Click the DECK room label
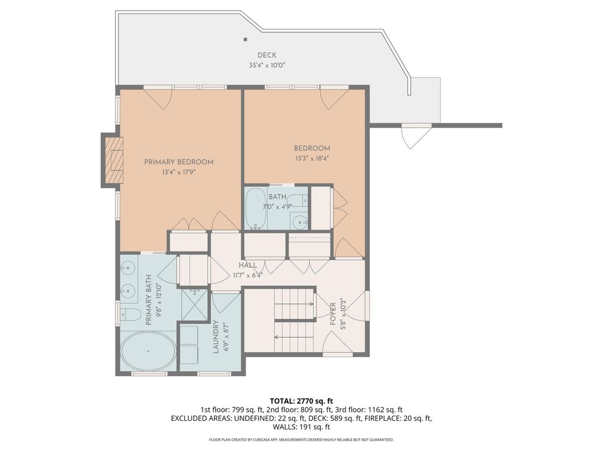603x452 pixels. (x=267, y=55)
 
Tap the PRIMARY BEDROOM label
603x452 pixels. (x=179, y=162)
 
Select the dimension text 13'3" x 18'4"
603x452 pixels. (x=312, y=158)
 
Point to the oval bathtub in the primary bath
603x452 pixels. (x=148, y=351)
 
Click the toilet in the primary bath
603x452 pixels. (x=128, y=314)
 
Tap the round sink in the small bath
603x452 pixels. (x=299, y=222)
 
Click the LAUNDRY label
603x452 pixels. (x=216, y=337)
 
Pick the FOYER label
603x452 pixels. (x=333, y=314)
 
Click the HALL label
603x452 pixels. (x=248, y=265)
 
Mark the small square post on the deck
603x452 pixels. (x=245, y=39)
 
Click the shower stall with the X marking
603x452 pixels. (x=194, y=305)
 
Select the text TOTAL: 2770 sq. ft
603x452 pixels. (x=301, y=401)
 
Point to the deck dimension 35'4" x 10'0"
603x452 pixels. (x=267, y=65)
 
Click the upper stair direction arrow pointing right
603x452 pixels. (x=294, y=304)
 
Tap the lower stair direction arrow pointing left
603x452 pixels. (x=294, y=337)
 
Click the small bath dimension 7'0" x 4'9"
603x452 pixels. (x=277, y=207)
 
